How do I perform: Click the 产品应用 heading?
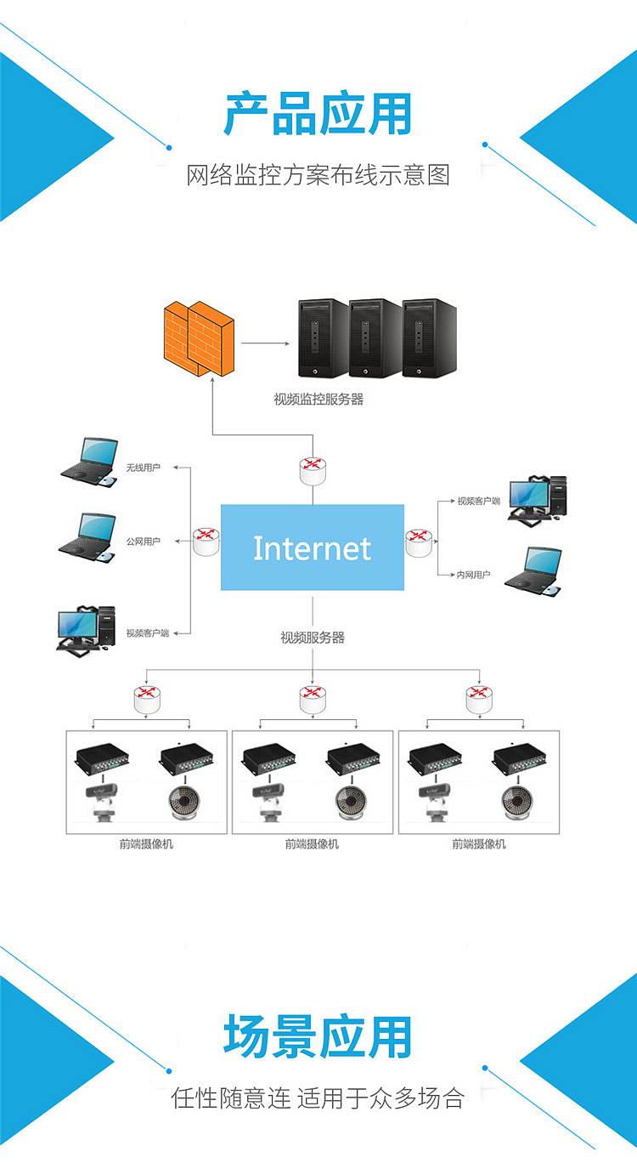click(318, 115)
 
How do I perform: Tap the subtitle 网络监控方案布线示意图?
click(318, 175)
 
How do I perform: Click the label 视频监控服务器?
click(318, 399)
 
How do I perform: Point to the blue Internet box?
click(313, 547)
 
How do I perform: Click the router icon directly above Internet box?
click(313, 470)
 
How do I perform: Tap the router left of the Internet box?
click(206, 541)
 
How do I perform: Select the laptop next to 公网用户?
click(87, 537)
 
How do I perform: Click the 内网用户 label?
click(473, 576)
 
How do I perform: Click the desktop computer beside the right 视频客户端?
click(539, 498)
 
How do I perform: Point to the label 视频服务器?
click(313, 637)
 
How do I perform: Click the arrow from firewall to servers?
click(264, 343)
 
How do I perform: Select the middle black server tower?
click(375, 338)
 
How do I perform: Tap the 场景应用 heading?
click(318, 1036)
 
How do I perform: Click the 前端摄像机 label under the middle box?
click(312, 844)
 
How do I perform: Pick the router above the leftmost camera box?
click(147, 700)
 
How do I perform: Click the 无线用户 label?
click(143, 468)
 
